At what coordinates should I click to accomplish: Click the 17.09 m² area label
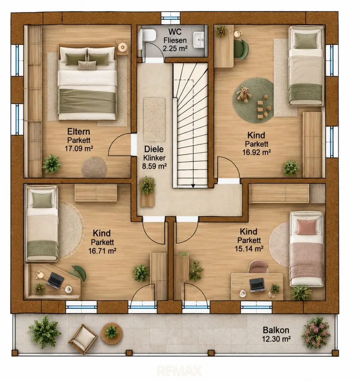tap(79, 149)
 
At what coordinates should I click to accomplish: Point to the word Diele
tap(154, 149)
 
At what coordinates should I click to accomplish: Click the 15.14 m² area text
tap(249, 249)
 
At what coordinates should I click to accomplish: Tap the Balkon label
tap(276, 330)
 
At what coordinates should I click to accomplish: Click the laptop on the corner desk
tap(55, 280)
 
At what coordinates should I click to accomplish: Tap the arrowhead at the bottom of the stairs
tap(193, 186)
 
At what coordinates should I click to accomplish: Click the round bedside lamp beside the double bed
tap(122, 47)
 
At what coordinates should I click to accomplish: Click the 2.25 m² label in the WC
tap(175, 48)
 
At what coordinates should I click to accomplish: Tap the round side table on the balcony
tap(112, 333)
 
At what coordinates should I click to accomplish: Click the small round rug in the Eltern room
tap(94, 168)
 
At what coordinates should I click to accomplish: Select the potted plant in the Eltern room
tap(51, 164)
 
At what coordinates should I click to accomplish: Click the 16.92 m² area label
tap(257, 152)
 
